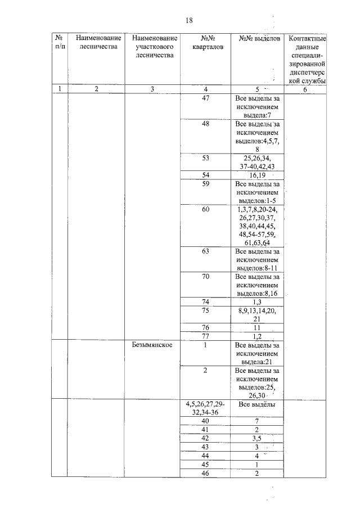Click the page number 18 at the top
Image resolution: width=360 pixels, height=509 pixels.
click(x=189, y=20)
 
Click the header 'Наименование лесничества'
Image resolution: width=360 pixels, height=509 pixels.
click(x=96, y=43)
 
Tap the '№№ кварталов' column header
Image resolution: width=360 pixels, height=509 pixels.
click(x=206, y=43)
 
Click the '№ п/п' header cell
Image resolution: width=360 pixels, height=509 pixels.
click(x=59, y=43)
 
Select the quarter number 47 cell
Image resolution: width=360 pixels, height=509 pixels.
click(x=206, y=98)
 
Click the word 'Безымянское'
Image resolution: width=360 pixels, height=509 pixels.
click(x=149, y=345)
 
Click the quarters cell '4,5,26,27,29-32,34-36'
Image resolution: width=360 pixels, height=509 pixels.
click(x=206, y=408)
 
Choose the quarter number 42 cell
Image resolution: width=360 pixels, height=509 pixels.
click(x=206, y=438)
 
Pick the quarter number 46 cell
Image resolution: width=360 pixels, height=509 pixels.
click(x=206, y=474)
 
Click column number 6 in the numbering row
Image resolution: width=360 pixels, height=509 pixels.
click(x=307, y=89)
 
